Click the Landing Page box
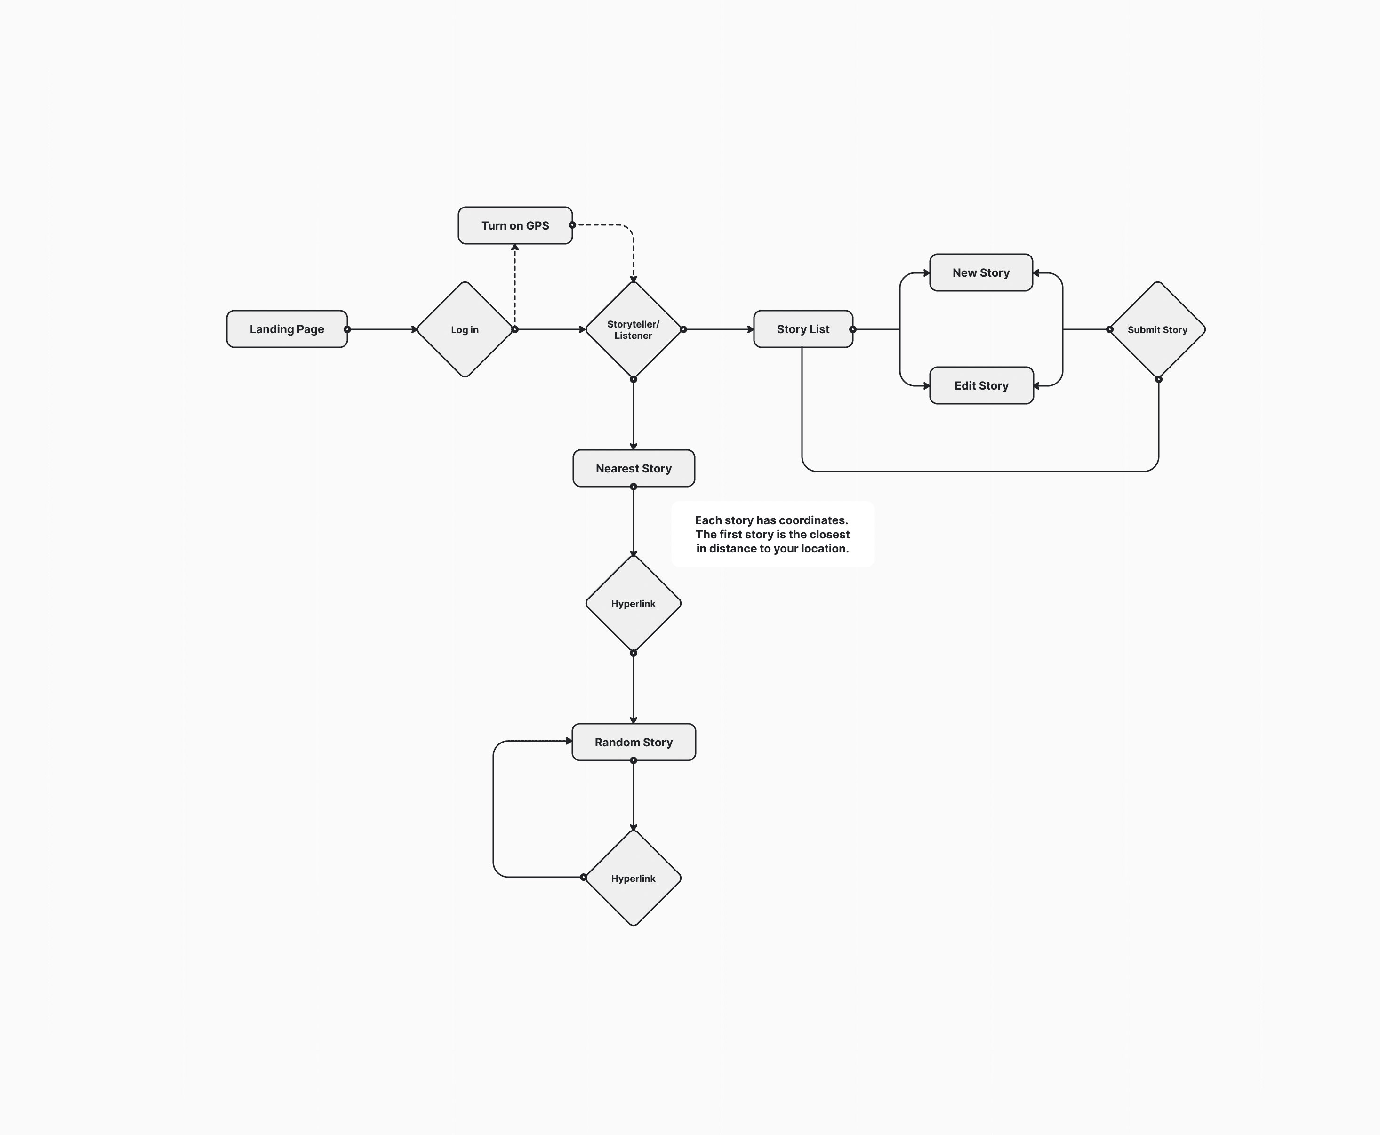pos(287,329)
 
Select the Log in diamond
pos(465,329)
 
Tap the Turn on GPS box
pos(515,225)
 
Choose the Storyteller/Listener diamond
pos(633,329)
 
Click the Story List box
pos(802,329)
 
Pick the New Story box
pos(980,272)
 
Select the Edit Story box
pos(981,386)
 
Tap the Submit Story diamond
pos(1157,329)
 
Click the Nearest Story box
pos(633,468)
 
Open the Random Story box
pos(633,742)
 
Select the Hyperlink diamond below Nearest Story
pos(633,603)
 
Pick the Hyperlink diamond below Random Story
pos(633,878)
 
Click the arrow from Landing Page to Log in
pos(383,329)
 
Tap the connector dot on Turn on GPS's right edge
pos(572,225)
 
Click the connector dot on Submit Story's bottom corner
pos(1158,379)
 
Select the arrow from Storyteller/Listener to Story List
pos(718,329)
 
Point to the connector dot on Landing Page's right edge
pos(347,329)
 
